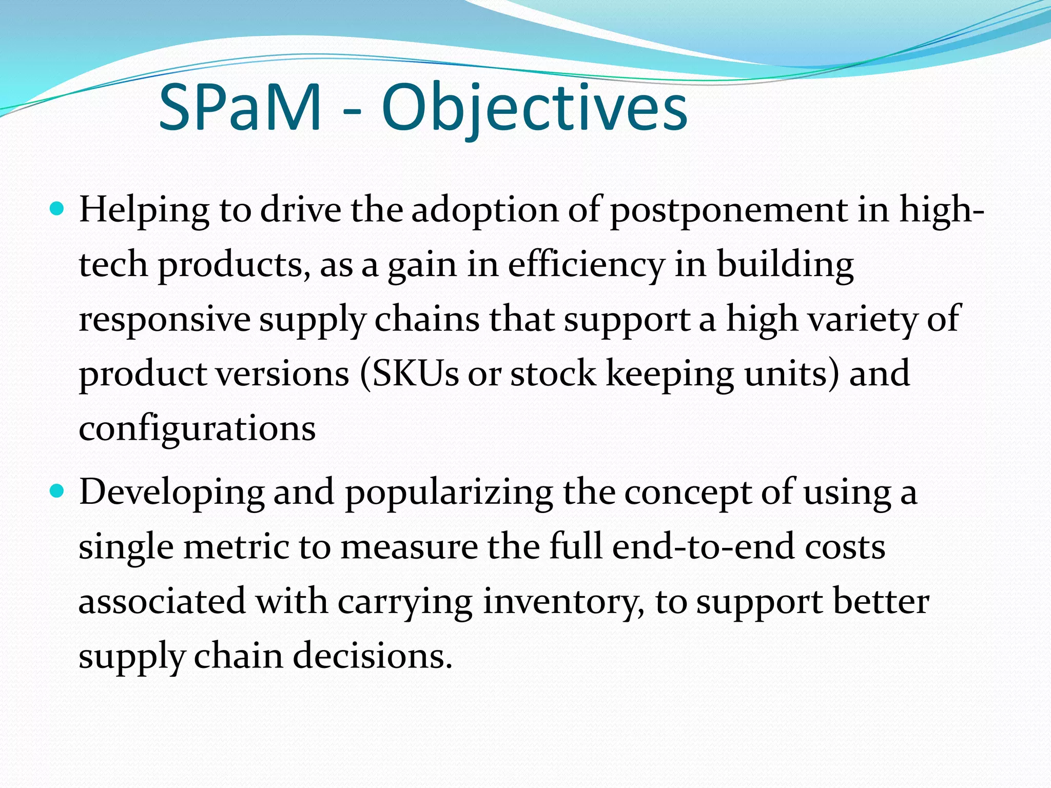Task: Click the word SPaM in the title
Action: point(240,108)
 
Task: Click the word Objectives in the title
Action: point(534,109)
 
